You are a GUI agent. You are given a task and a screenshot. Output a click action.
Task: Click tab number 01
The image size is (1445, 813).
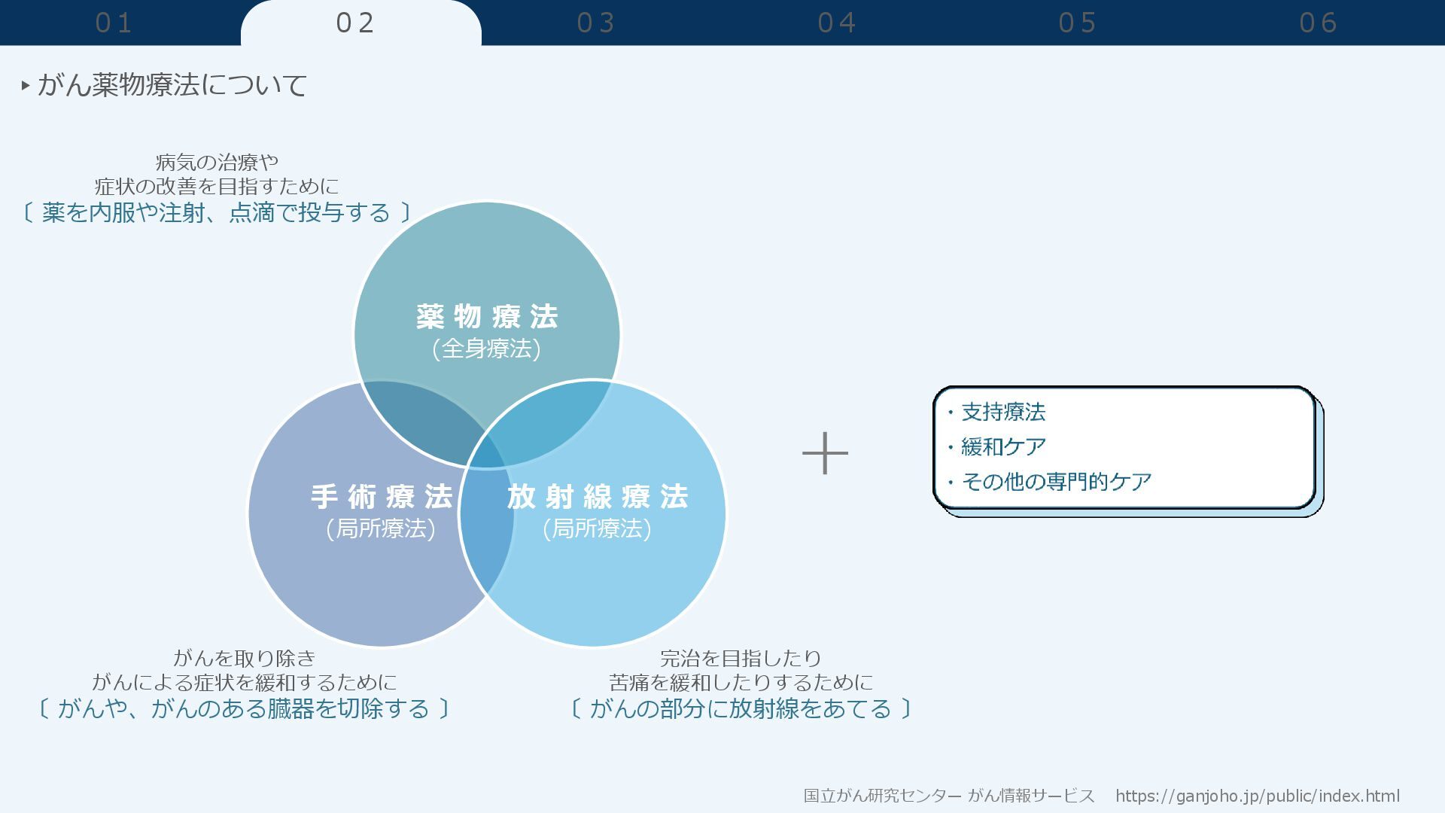coord(114,23)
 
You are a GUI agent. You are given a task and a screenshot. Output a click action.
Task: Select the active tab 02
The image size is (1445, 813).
coord(355,23)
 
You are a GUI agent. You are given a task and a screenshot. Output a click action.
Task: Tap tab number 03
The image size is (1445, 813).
coord(596,23)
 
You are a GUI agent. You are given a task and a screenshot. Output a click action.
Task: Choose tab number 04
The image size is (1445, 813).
coord(837,23)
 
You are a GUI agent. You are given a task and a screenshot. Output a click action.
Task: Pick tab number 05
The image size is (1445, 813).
coord(1078,23)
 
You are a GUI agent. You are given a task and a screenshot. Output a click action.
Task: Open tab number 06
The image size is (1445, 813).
coord(1319,23)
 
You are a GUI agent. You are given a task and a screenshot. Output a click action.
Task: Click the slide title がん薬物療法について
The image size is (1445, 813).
coord(172,85)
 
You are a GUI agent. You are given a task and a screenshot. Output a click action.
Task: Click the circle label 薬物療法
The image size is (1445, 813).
coord(487,317)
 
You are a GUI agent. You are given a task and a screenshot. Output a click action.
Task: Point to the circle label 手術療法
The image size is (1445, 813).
coord(382,497)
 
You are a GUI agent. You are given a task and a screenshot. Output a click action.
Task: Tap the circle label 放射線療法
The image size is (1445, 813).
coord(598,497)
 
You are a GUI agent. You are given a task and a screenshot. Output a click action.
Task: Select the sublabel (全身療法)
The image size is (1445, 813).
coord(487,349)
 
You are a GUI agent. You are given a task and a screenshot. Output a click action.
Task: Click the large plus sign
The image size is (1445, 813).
coord(825,453)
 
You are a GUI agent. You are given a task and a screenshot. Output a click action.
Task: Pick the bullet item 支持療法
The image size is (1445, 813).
coord(1003,412)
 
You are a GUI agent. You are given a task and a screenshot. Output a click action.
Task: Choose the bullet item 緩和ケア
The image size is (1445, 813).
coord(1003,446)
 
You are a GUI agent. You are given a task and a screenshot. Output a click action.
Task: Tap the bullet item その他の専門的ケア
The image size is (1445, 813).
coord(1056,481)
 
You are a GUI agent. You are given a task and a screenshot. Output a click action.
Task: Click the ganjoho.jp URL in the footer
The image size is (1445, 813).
coord(1258,796)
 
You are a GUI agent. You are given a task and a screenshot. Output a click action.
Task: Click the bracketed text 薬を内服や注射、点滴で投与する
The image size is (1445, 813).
coord(216,213)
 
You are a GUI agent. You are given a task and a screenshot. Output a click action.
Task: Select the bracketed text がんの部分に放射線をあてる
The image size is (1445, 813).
coord(741,708)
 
